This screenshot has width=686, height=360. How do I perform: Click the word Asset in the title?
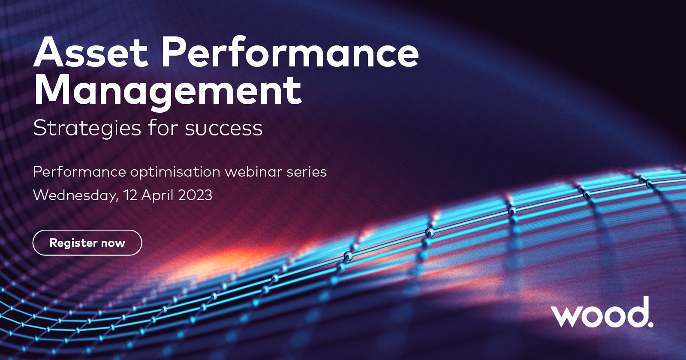click(91, 53)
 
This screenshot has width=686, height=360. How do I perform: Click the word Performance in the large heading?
click(290, 53)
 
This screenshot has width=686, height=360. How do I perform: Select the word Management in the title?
click(168, 90)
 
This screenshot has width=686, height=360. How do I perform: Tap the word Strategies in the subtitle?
click(87, 129)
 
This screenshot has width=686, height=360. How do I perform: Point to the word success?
click(223, 129)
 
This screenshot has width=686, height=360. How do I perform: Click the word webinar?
click(253, 172)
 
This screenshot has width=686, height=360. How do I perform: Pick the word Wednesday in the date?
click(75, 195)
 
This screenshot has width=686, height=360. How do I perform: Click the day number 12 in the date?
click(130, 195)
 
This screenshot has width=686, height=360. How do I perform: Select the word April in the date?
click(157, 196)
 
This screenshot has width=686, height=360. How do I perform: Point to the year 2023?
click(195, 195)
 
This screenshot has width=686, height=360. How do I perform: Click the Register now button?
click(87, 243)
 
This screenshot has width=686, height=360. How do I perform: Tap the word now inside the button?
click(113, 243)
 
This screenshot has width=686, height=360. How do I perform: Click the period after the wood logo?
click(650, 324)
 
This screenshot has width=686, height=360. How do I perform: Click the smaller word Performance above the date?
click(79, 172)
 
